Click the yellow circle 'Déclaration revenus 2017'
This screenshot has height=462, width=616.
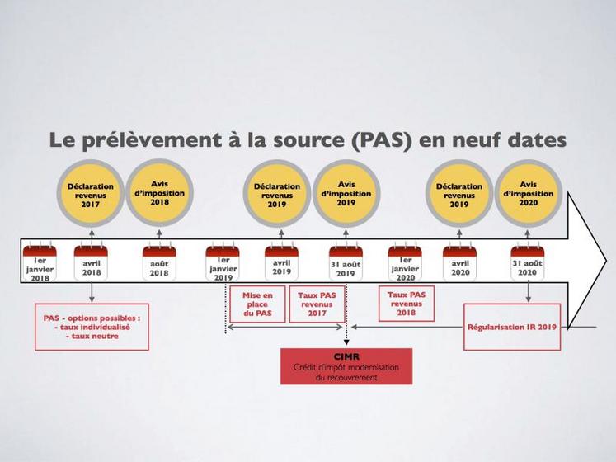90,196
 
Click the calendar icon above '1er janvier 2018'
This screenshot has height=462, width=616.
39,252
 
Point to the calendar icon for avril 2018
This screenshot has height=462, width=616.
91,252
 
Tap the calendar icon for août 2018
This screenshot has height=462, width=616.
159,252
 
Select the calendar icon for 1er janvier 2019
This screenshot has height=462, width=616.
223,252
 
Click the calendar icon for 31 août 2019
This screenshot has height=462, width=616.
346,252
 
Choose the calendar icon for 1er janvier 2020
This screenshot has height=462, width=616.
405,252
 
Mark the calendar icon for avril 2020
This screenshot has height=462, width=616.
459,252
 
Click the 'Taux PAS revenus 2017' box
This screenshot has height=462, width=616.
317,304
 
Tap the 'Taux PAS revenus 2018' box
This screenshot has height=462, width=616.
406,304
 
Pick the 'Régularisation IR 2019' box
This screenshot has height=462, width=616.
511,327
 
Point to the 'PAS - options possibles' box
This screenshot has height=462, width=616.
92,327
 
